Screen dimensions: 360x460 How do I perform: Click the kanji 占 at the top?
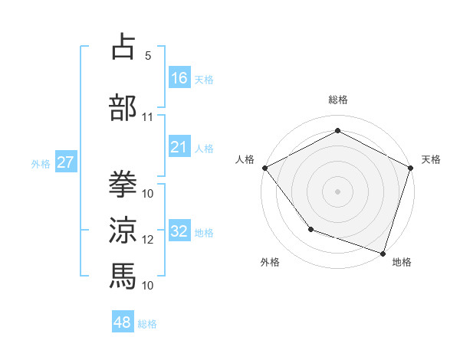[x=123, y=47]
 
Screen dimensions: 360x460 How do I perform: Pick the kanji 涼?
[x=123, y=229]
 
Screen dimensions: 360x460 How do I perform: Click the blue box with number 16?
[x=179, y=77]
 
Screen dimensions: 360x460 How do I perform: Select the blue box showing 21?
[x=179, y=147]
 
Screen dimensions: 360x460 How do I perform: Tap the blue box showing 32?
[x=179, y=231]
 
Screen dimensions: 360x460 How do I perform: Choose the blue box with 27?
[x=65, y=162]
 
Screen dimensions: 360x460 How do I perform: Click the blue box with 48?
[x=123, y=322]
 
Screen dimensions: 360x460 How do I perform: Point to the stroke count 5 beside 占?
[x=148, y=56]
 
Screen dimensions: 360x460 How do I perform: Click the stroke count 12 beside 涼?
[x=148, y=239]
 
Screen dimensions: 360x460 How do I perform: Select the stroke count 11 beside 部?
[x=148, y=117]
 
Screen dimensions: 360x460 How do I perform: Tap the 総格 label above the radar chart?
[x=338, y=100]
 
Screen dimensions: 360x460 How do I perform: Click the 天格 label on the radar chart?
[x=431, y=159]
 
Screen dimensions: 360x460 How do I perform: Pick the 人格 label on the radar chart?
[x=245, y=159]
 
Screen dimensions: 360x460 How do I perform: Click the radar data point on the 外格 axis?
[x=310, y=228]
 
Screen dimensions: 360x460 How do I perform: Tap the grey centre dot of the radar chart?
[x=338, y=191]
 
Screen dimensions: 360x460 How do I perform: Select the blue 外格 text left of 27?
[x=41, y=163]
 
